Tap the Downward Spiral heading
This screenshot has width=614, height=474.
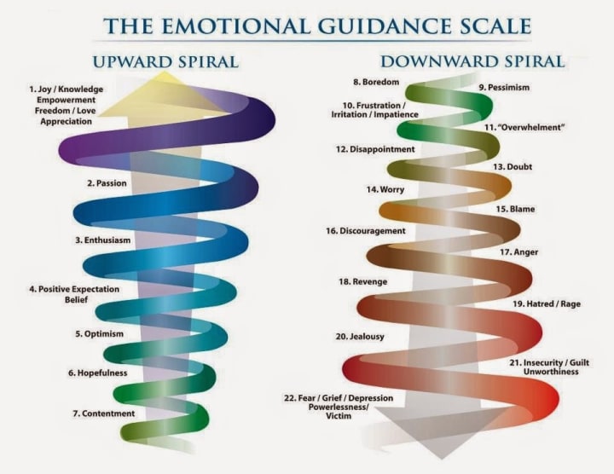pos(472,61)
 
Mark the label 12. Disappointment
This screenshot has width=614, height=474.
pos(375,149)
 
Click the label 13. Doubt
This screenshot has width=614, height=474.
pos(513,167)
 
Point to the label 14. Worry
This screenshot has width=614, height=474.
pos(385,189)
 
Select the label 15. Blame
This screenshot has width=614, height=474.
pos(515,209)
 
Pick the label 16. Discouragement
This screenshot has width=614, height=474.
pos(365,231)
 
